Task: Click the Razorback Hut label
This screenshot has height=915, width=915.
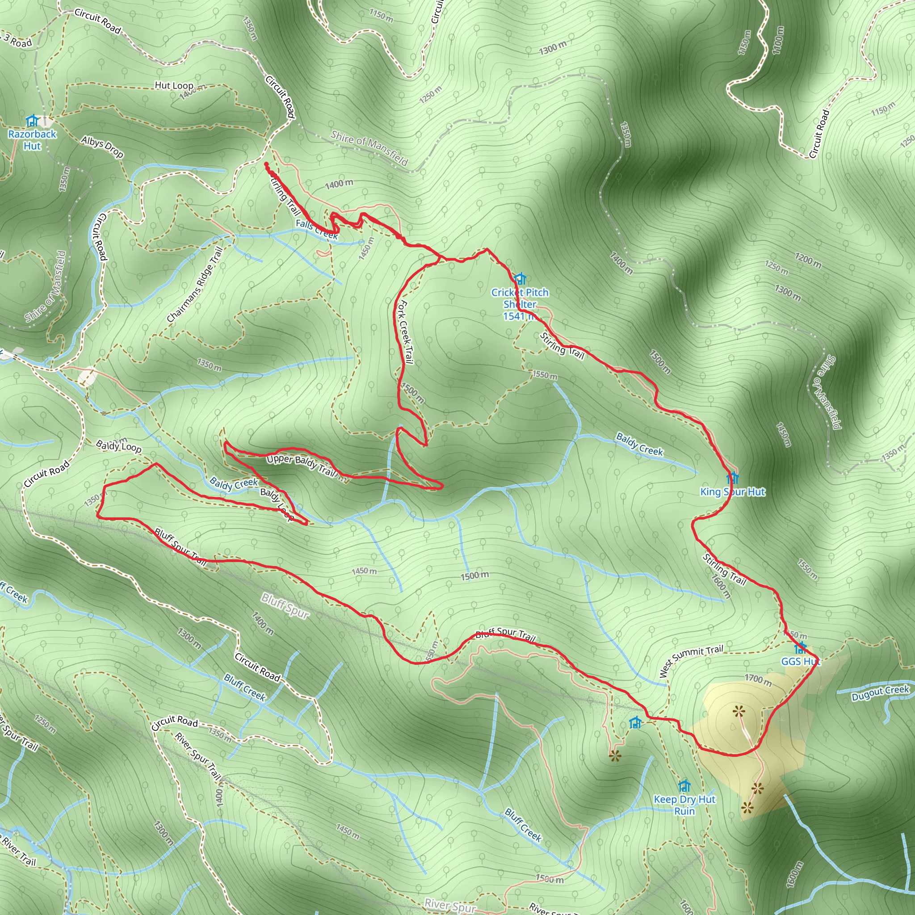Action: [32, 140]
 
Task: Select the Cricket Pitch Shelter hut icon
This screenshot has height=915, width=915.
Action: [520, 278]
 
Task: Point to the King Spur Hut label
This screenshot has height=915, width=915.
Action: [732, 492]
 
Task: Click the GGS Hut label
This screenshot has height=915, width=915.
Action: [800, 662]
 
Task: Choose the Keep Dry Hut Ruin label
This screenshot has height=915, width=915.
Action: [684, 805]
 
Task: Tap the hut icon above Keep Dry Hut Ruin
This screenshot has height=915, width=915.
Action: [684, 786]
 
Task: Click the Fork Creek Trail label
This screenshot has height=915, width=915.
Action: [405, 332]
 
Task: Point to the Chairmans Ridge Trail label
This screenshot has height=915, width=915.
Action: [195, 285]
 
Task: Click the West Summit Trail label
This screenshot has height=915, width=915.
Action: [691, 660]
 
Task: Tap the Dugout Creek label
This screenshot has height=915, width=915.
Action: [880, 693]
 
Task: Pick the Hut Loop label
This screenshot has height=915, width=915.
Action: [174, 86]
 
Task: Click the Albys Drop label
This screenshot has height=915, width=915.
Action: [102, 147]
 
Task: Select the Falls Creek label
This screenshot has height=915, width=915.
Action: [316, 229]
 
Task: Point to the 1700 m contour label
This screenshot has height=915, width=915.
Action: [758, 680]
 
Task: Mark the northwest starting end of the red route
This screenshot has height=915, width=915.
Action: [266, 164]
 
